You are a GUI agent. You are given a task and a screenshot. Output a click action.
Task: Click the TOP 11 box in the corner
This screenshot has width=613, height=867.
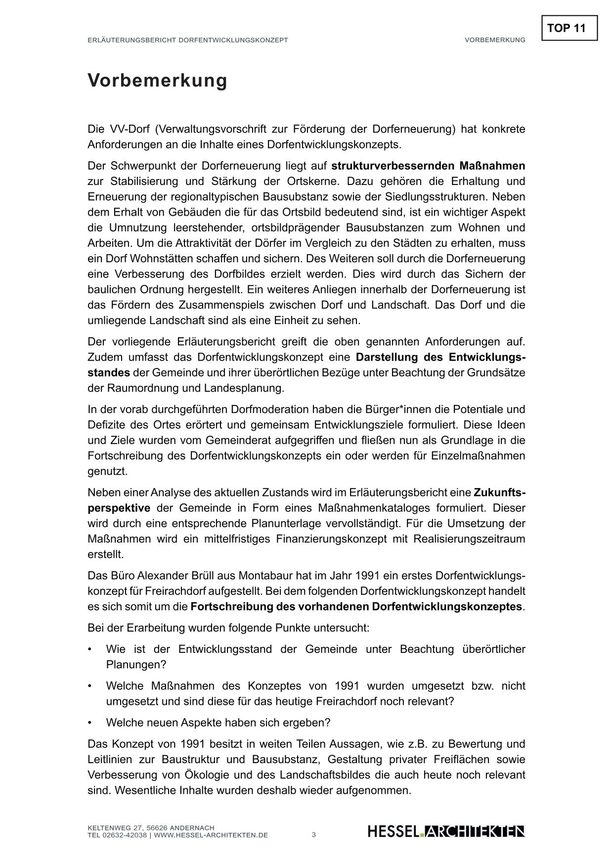coord(569,28)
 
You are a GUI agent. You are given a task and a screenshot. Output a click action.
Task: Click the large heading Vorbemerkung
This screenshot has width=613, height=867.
coord(157,80)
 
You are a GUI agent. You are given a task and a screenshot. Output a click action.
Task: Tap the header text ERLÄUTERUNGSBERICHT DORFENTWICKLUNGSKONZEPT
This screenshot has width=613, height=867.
coord(187,40)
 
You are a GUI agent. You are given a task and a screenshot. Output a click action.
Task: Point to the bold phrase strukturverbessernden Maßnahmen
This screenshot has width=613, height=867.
coord(428,166)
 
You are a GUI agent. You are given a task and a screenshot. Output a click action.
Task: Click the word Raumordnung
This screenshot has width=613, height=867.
coord(133,388)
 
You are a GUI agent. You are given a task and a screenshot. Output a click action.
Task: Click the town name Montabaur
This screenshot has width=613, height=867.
coord(265,576)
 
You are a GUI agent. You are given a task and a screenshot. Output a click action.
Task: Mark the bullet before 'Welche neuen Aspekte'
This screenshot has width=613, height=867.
coord(90,723)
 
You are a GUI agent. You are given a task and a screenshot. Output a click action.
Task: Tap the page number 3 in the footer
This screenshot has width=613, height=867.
coord(313,835)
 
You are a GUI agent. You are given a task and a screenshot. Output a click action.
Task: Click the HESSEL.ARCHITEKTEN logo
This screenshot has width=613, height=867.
coord(446,831)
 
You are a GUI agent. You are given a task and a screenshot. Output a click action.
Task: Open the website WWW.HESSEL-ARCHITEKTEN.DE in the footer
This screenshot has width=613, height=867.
coord(211,835)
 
